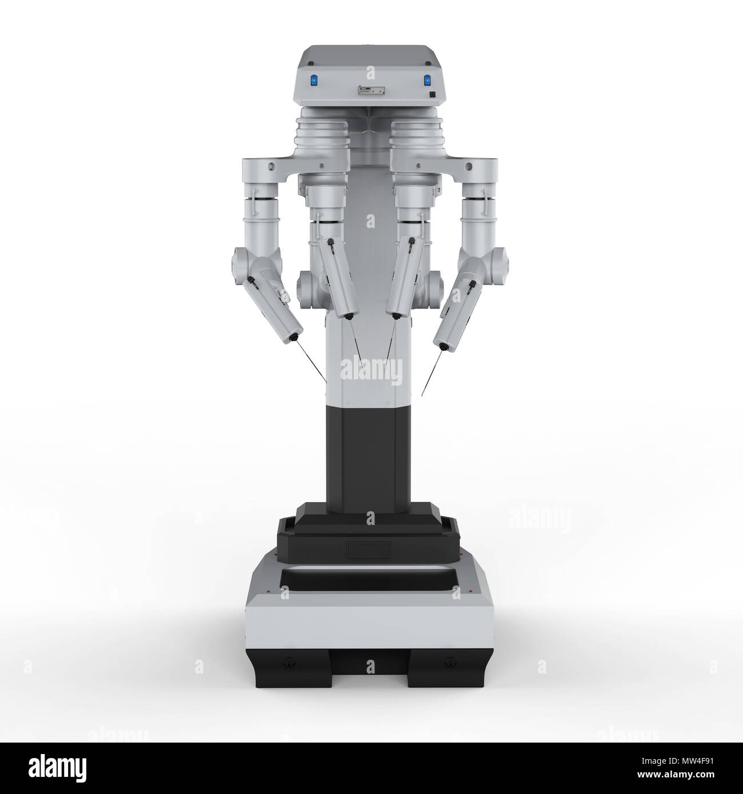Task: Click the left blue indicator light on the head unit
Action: pyautogui.click(x=314, y=81)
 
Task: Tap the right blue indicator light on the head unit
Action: pyautogui.click(x=426, y=81)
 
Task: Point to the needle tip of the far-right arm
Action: pyautogui.click(x=422, y=395)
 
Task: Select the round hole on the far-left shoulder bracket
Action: pyautogui.click(x=271, y=167)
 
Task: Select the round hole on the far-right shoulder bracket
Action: pyautogui.click(x=469, y=167)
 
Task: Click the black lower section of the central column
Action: pyautogui.click(x=370, y=451)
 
